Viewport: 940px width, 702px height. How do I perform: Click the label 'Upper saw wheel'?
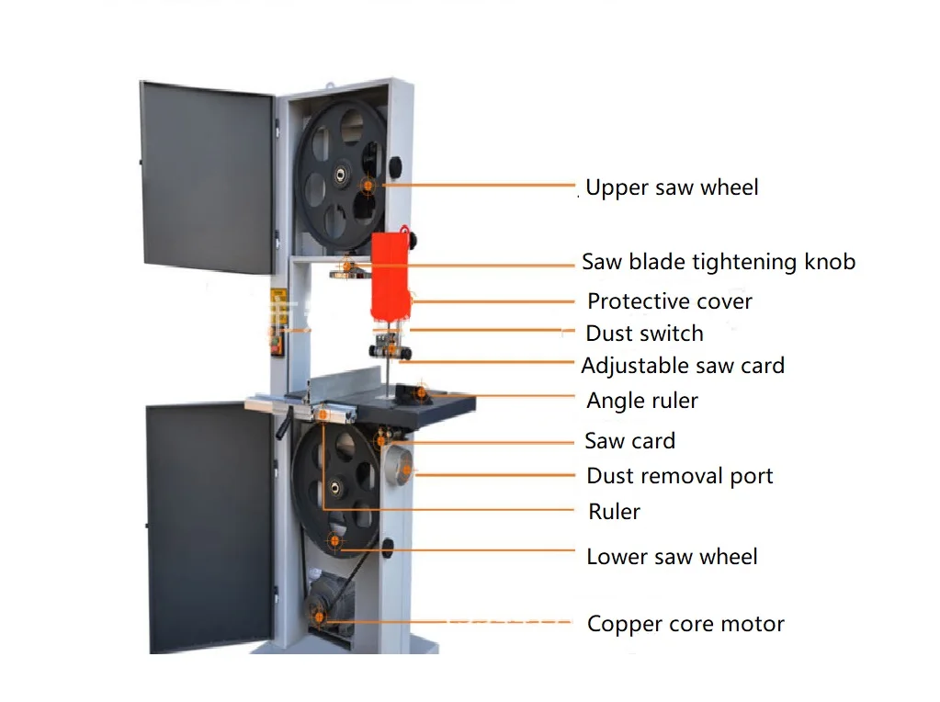(672, 187)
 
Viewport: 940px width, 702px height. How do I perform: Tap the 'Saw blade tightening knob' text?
(718, 262)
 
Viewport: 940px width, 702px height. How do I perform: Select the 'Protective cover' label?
(669, 301)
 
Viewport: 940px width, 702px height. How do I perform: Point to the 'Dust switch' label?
(644, 334)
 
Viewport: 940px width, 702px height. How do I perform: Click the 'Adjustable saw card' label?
(683, 366)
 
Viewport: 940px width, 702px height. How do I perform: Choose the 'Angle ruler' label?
(641, 401)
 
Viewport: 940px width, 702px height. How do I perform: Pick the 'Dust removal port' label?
(679, 476)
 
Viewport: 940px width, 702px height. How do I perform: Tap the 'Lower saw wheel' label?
(672, 557)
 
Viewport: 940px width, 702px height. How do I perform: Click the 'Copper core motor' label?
(685, 625)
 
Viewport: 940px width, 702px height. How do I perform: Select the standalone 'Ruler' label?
(614, 512)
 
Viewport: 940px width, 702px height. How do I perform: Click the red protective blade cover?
(389, 273)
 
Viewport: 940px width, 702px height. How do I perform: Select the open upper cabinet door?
(207, 175)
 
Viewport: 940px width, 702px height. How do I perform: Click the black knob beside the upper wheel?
(396, 166)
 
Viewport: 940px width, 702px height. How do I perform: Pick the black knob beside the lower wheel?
(389, 549)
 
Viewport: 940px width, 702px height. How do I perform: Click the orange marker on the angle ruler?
(421, 393)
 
